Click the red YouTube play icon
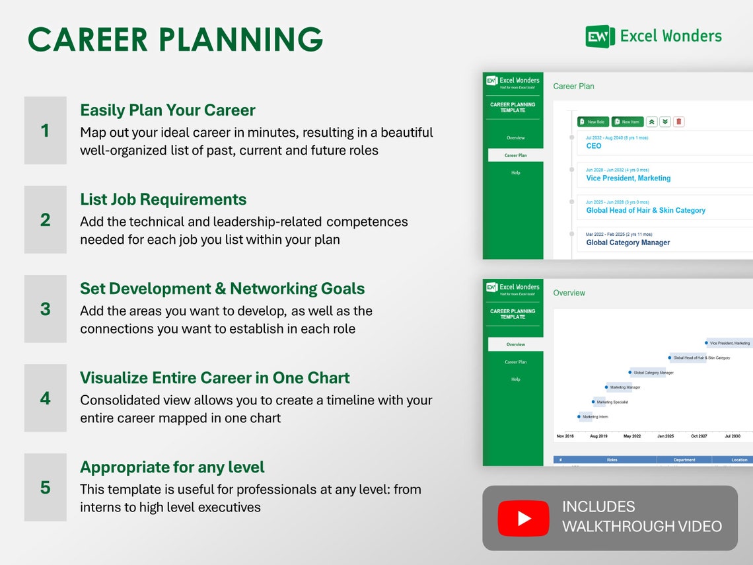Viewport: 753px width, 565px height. pos(523,518)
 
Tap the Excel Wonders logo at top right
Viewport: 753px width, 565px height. pos(653,36)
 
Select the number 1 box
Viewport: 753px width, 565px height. pos(45,130)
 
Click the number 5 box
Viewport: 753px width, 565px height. pos(45,487)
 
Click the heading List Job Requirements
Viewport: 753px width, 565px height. pos(163,200)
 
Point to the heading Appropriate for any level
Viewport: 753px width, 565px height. pos(172,467)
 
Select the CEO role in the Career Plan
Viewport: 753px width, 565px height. pos(594,146)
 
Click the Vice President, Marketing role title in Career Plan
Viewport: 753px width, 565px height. pos(628,178)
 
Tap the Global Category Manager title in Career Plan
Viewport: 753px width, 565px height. pos(627,243)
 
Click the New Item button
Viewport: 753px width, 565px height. pos(627,122)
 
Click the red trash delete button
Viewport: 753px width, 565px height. pos(679,122)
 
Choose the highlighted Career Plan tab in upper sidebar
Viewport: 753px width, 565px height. pos(515,155)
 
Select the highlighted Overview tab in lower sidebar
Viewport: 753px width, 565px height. pos(515,344)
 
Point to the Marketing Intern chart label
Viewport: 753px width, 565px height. pos(595,417)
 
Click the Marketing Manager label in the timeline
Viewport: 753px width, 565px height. pos(625,387)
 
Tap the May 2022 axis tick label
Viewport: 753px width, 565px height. pos(632,436)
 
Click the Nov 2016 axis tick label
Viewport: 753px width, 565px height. pos(565,436)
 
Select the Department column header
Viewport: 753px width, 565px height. pos(684,460)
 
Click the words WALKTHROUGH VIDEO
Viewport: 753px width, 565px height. pos(641,527)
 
